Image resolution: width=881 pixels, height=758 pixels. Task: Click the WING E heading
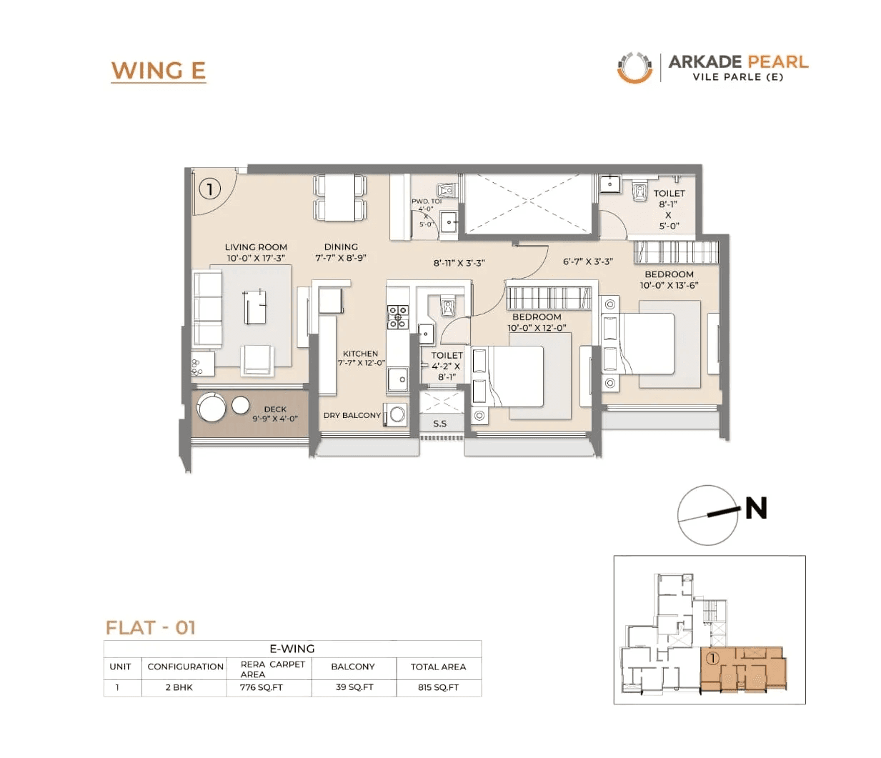pyautogui.click(x=158, y=71)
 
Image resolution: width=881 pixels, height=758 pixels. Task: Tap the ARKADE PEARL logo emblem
pyautogui.click(x=634, y=68)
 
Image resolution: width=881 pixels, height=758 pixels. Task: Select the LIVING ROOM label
pyautogui.click(x=256, y=247)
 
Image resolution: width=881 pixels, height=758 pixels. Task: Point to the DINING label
pyautogui.click(x=341, y=246)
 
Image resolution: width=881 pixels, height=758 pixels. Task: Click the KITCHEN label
pyautogui.click(x=360, y=354)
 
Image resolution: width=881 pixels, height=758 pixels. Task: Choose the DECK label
pyautogui.click(x=275, y=409)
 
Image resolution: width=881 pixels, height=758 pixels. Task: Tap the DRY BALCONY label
pyautogui.click(x=352, y=415)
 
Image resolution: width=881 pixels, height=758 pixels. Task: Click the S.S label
pyautogui.click(x=439, y=424)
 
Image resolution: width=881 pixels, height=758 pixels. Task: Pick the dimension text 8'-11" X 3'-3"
pyautogui.click(x=459, y=262)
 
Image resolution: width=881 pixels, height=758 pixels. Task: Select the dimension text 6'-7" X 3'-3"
pyautogui.click(x=587, y=261)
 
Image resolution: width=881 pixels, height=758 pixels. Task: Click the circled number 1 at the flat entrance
pyautogui.click(x=209, y=189)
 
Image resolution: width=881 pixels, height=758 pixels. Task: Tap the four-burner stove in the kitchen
pyautogui.click(x=397, y=316)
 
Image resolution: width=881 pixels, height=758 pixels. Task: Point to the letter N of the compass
pyautogui.click(x=756, y=508)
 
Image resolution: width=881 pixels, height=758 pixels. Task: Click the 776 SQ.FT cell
pyautogui.click(x=262, y=687)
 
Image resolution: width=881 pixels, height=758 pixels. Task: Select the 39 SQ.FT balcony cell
pyautogui.click(x=354, y=687)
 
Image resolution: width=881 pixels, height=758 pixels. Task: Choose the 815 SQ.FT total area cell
pyautogui.click(x=438, y=687)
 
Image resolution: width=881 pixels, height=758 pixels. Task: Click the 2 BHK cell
pyautogui.click(x=179, y=687)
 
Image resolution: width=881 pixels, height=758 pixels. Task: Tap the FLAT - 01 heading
pyautogui.click(x=151, y=627)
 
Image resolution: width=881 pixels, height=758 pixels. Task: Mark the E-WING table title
pyautogui.click(x=292, y=649)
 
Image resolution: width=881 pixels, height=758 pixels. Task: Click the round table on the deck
pyautogui.click(x=212, y=408)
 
